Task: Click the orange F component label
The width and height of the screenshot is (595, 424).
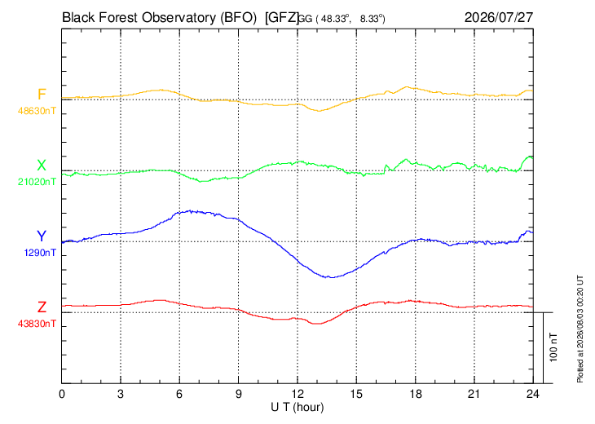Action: click(x=42, y=94)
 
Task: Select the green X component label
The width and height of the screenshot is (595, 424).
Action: click(x=42, y=166)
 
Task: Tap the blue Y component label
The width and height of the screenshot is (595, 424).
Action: click(x=42, y=236)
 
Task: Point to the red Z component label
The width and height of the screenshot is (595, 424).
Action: click(x=42, y=307)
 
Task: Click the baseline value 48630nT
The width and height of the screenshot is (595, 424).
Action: click(x=37, y=111)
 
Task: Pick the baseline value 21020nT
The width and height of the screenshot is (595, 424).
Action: click(x=37, y=182)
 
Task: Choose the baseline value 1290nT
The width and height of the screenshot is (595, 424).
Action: click(x=40, y=253)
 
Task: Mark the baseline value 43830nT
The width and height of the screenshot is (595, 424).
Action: click(x=37, y=324)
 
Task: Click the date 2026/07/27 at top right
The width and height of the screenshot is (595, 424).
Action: click(x=499, y=17)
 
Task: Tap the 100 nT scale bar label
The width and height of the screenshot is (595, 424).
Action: click(x=553, y=347)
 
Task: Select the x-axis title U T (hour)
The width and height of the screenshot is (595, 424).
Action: click(x=297, y=408)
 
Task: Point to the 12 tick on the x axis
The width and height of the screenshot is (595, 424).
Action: click(x=297, y=394)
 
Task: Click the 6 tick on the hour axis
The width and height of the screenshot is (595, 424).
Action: click(x=179, y=394)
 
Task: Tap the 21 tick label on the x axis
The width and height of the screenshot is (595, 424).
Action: click(x=474, y=394)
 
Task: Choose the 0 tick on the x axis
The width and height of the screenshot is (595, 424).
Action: click(x=62, y=394)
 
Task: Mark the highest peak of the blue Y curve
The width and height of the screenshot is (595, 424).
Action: click(x=191, y=210)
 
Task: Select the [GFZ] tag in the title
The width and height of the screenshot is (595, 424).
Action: click(x=282, y=18)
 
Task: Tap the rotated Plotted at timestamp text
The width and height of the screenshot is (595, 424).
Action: click(x=580, y=329)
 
